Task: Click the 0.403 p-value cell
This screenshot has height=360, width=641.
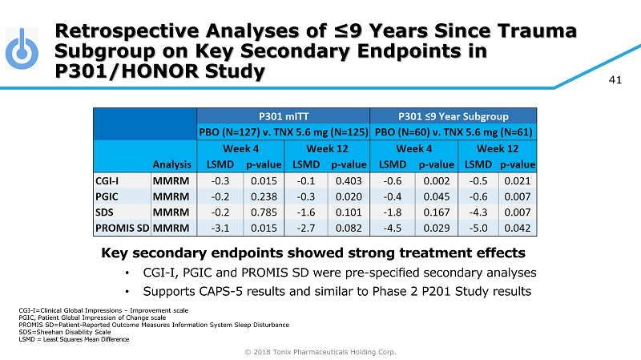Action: pyautogui.click(x=349, y=180)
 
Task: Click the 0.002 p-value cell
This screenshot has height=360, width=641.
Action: pyautogui.click(x=436, y=180)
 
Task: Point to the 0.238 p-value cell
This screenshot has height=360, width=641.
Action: pyautogui.click(x=264, y=198)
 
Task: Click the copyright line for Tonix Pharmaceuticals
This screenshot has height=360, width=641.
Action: pyautogui.click(x=320, y=351)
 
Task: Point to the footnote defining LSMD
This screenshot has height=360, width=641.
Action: pyautogui.click(x=73, y=339)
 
